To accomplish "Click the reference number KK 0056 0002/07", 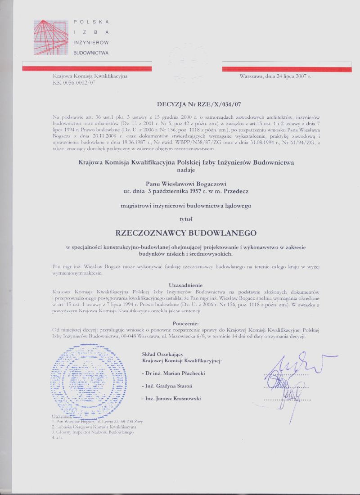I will [x=74, y=83].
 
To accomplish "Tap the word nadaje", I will [x=186, y=170].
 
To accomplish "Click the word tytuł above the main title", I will [x=186, y=219].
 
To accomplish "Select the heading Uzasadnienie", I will [x=186, y=285].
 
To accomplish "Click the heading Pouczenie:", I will [x=186, y=324].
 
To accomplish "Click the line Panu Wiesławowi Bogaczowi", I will [x=186, y=184].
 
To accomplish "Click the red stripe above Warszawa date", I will [x=286, y=67].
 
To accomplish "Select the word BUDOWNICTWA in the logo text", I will [x=91, y=53].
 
